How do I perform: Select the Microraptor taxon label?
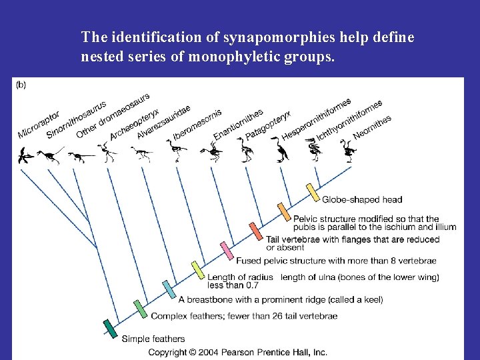pyautogui.click(x=38, y=125)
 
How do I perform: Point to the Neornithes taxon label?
pyautogui.click(x=371, y=127)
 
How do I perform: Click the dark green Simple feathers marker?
pyautogui.click(x=109, y=328)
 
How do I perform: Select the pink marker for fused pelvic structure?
pyautogui.click(x=227, y=250)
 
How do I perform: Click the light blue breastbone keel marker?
pyautogui.click(x=169, y=290)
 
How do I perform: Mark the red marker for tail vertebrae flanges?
pyautogui.click(x=256, y=231)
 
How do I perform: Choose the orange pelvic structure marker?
pyautogui.click(x=283, y=211)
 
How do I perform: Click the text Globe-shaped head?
pyautogui.click(x=362, y=199)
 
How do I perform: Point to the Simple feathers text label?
pyautogui.click(x=153, y=339)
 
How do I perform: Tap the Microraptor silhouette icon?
pyautogui.click(x=25, y=157)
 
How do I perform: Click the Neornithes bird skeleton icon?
pyautogui.click(x=349, y=151)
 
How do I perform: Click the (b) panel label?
pyautogui.click(x=21, y=84)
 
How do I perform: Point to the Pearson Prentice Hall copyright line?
pyautogui.click(x=237, y=351)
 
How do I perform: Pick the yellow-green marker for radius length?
pyautogui.click(x=197, y=269)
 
